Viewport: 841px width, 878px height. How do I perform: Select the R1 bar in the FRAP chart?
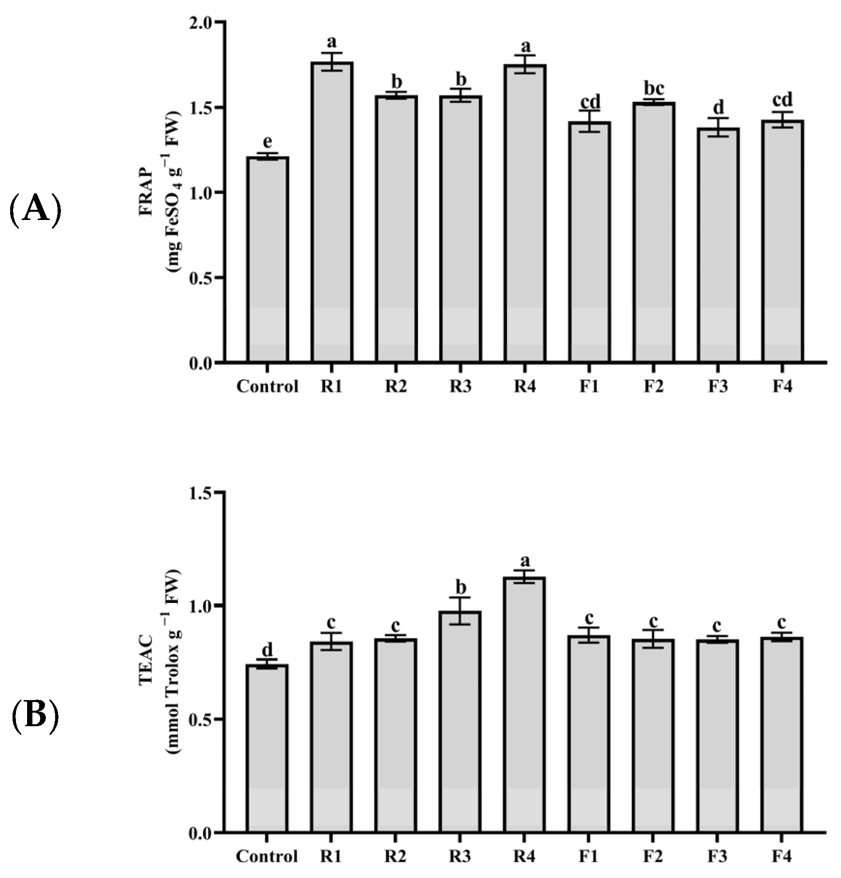click(x=332, y=213)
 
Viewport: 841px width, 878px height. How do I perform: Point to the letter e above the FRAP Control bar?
click(x=267, y=142)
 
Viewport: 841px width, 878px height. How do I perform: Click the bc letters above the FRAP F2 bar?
click(x=653, y=88)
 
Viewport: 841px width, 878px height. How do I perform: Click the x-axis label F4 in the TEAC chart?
click(x=782, y=856)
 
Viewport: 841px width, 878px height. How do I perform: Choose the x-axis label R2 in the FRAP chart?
click(x=396, y=387)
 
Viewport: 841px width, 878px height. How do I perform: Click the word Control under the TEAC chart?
click(x=267, y=856)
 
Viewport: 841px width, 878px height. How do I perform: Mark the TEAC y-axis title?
click(x=159, y=662)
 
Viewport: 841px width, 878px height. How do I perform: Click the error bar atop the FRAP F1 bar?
click(x=589, y=121)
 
